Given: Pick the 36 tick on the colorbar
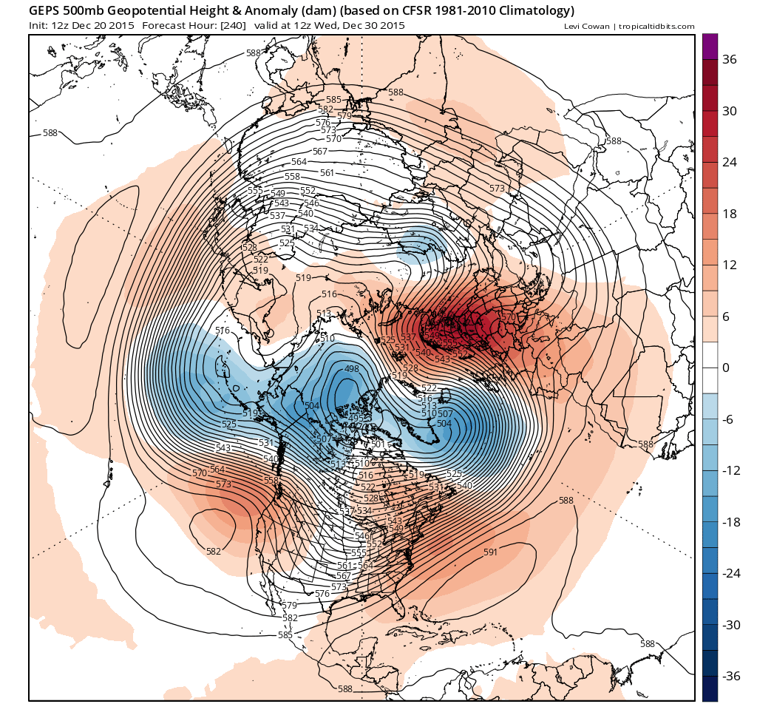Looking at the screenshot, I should point(730,60).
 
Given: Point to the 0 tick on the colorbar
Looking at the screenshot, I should point(726,368).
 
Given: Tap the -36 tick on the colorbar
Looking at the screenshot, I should point(730,676).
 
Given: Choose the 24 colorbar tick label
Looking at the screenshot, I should point(730,163).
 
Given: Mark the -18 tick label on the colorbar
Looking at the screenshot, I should point(730,522).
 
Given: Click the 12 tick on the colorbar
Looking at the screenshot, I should point(730,265).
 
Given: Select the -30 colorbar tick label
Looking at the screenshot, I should point(730,625).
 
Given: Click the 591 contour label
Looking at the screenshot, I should point(490,552).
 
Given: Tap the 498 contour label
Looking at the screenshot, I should point(352,368).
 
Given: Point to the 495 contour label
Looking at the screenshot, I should point(355,419).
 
